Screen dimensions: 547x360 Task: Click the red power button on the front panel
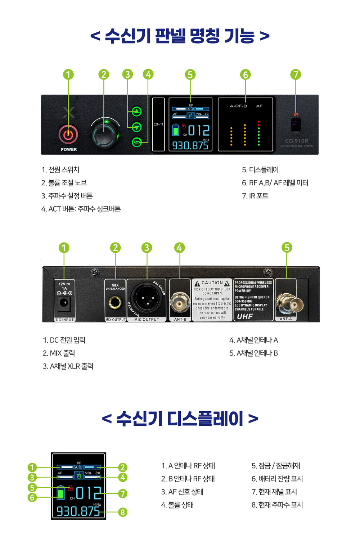tap(68, 135)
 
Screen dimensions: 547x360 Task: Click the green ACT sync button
tap(137, 142)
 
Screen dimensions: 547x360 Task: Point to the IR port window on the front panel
tap(296, 125)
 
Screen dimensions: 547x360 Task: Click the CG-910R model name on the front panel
tap(296, 141)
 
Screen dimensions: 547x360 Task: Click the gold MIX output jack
tap(115, 302)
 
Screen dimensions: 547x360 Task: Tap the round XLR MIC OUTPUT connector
tap(147, 298)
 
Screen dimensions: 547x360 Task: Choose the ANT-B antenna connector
tap(180, 302)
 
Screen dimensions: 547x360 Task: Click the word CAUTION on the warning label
tap(212, 283)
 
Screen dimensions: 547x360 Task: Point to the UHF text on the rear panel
tap(245, 316)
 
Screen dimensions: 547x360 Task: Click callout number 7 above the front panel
tap(296, 74)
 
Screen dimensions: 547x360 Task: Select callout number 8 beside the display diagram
tap(123, 512)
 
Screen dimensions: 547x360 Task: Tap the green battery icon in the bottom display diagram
tap(61, 493)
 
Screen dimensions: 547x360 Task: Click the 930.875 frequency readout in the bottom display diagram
tap(78, 511)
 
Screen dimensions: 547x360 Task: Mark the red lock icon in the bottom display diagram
tap(71, 488)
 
